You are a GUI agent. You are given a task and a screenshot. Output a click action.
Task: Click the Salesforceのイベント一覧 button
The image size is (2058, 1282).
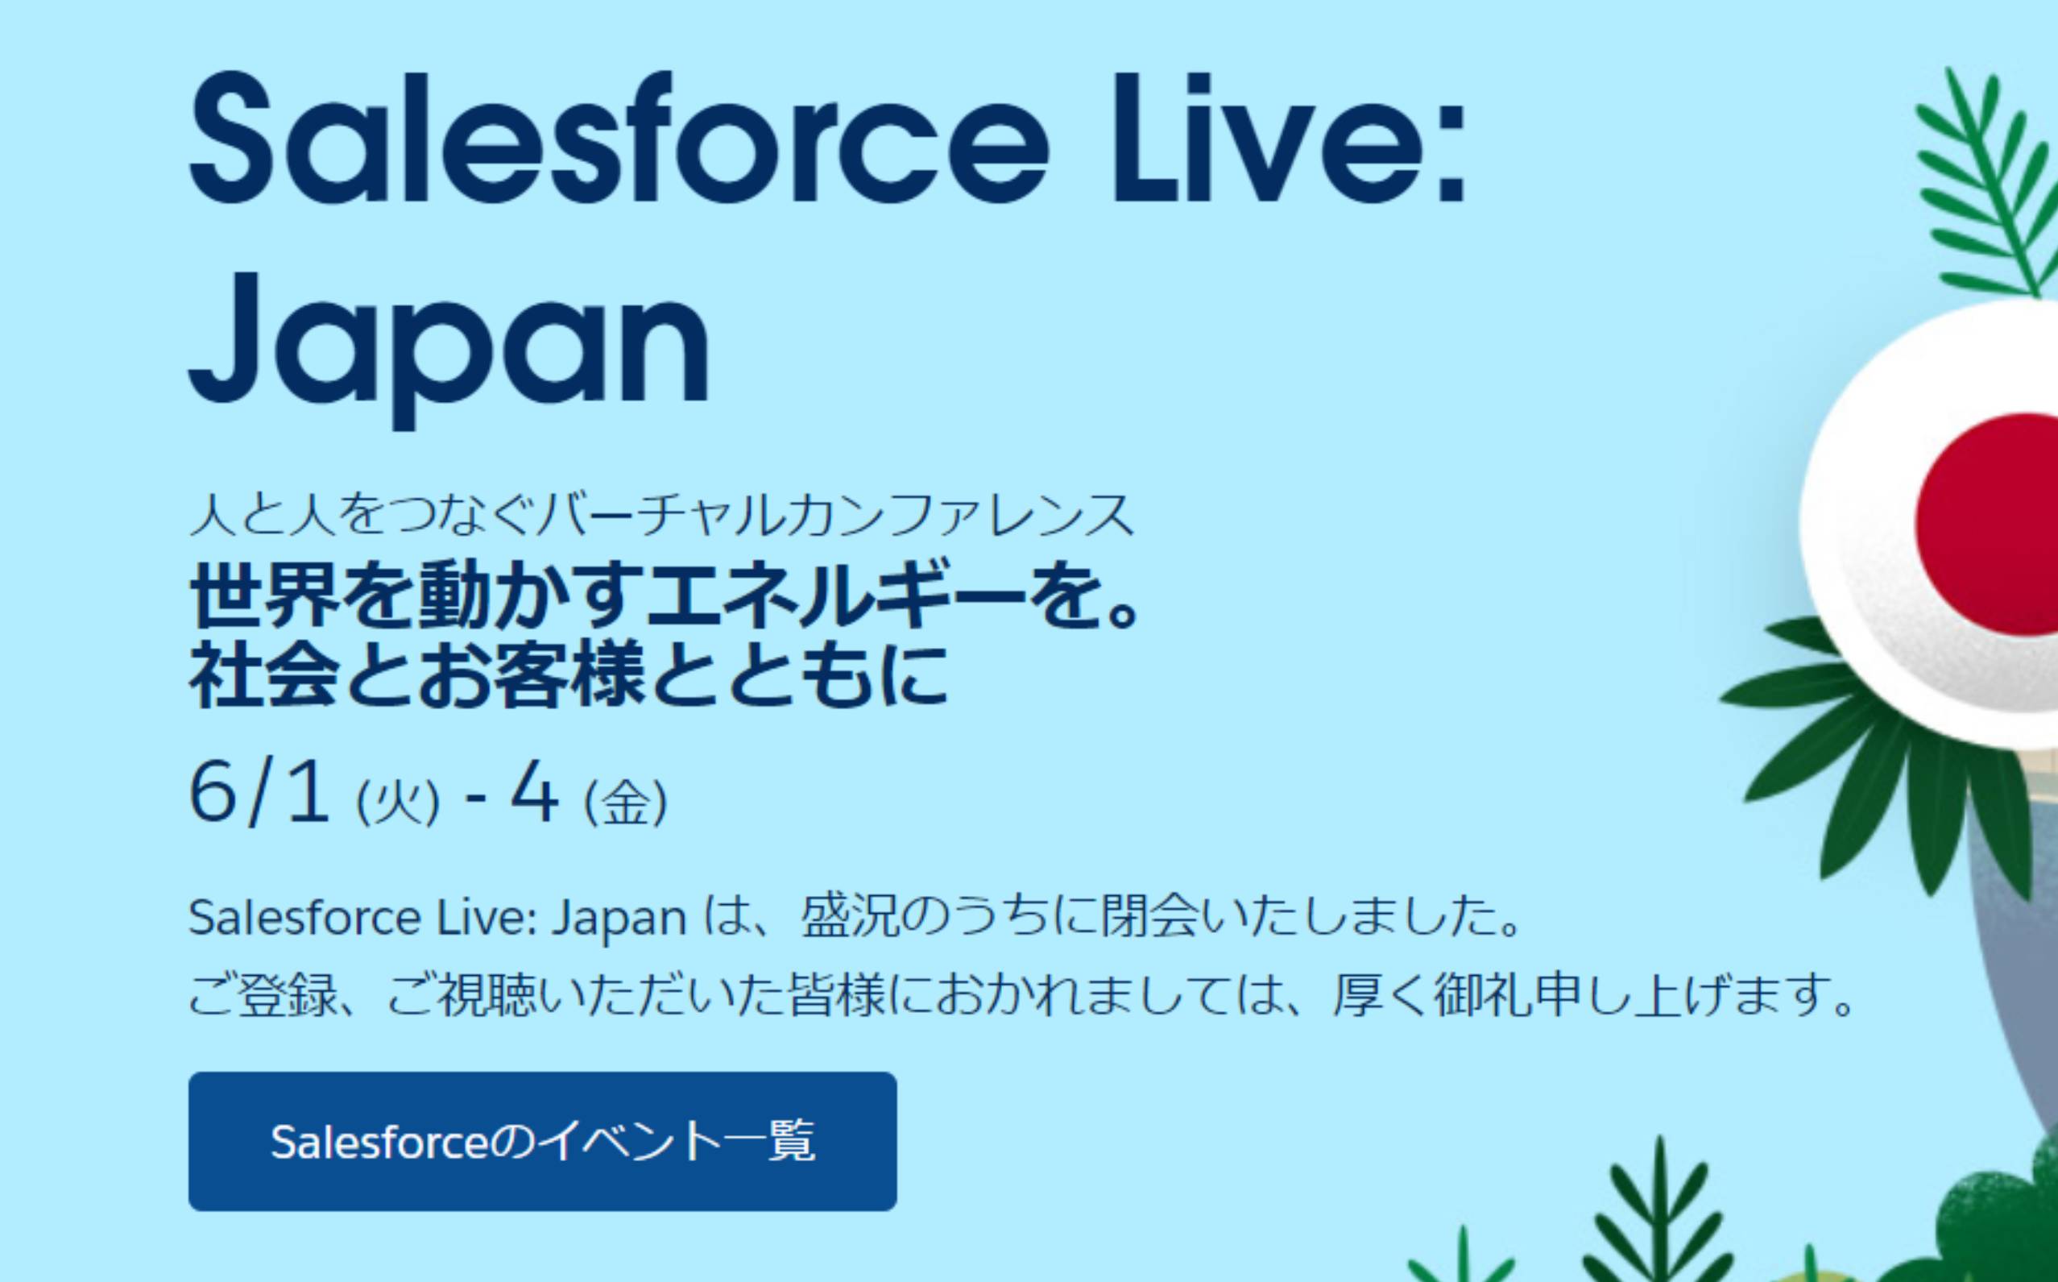coord(542,1141)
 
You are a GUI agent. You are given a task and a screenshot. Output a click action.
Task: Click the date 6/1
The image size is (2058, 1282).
coord(259,794)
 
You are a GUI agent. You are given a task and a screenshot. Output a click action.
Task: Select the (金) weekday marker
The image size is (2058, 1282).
coord(626,800)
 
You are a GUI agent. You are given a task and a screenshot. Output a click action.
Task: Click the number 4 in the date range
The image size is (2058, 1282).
coord(534,794)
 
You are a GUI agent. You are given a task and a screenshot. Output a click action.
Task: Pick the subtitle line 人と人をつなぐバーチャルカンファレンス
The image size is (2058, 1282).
coord(661,515)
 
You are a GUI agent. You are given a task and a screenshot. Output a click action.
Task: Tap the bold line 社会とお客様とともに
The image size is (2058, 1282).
coord(567,676)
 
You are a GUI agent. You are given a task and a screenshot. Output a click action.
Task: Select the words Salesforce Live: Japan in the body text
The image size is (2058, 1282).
coord(437,918)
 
